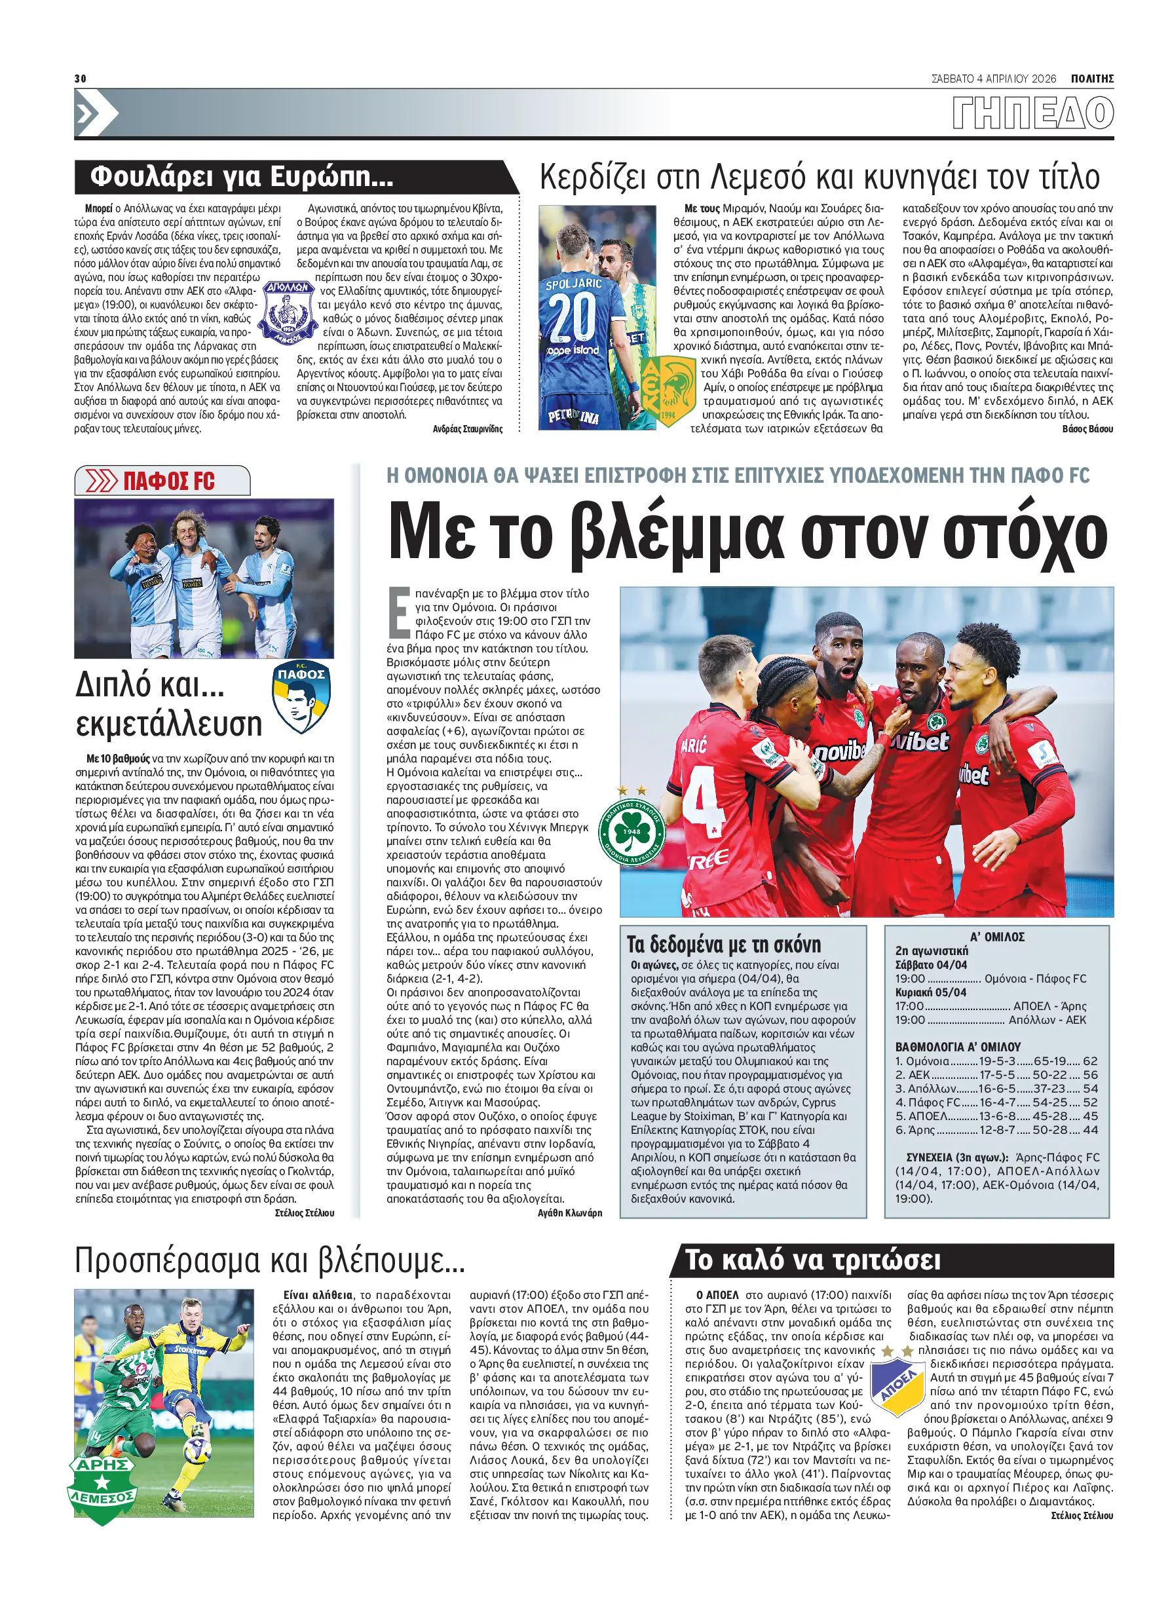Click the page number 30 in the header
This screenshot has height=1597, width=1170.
(80, 78)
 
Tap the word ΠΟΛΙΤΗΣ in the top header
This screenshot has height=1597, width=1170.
(1091, 79)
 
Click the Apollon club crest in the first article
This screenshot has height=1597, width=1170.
(287, 312)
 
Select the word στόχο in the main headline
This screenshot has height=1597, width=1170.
(1025, 535)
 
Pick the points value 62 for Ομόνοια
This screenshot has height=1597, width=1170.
(1090, 1061)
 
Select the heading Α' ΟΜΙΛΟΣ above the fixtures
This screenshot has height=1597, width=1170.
(997, 937)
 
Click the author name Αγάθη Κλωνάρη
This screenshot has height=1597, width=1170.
(569, 1213)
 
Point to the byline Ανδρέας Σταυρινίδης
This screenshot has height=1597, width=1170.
(468, 429)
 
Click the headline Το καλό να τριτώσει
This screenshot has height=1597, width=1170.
(812, 1260)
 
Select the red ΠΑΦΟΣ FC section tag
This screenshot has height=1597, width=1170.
(168, 481)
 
